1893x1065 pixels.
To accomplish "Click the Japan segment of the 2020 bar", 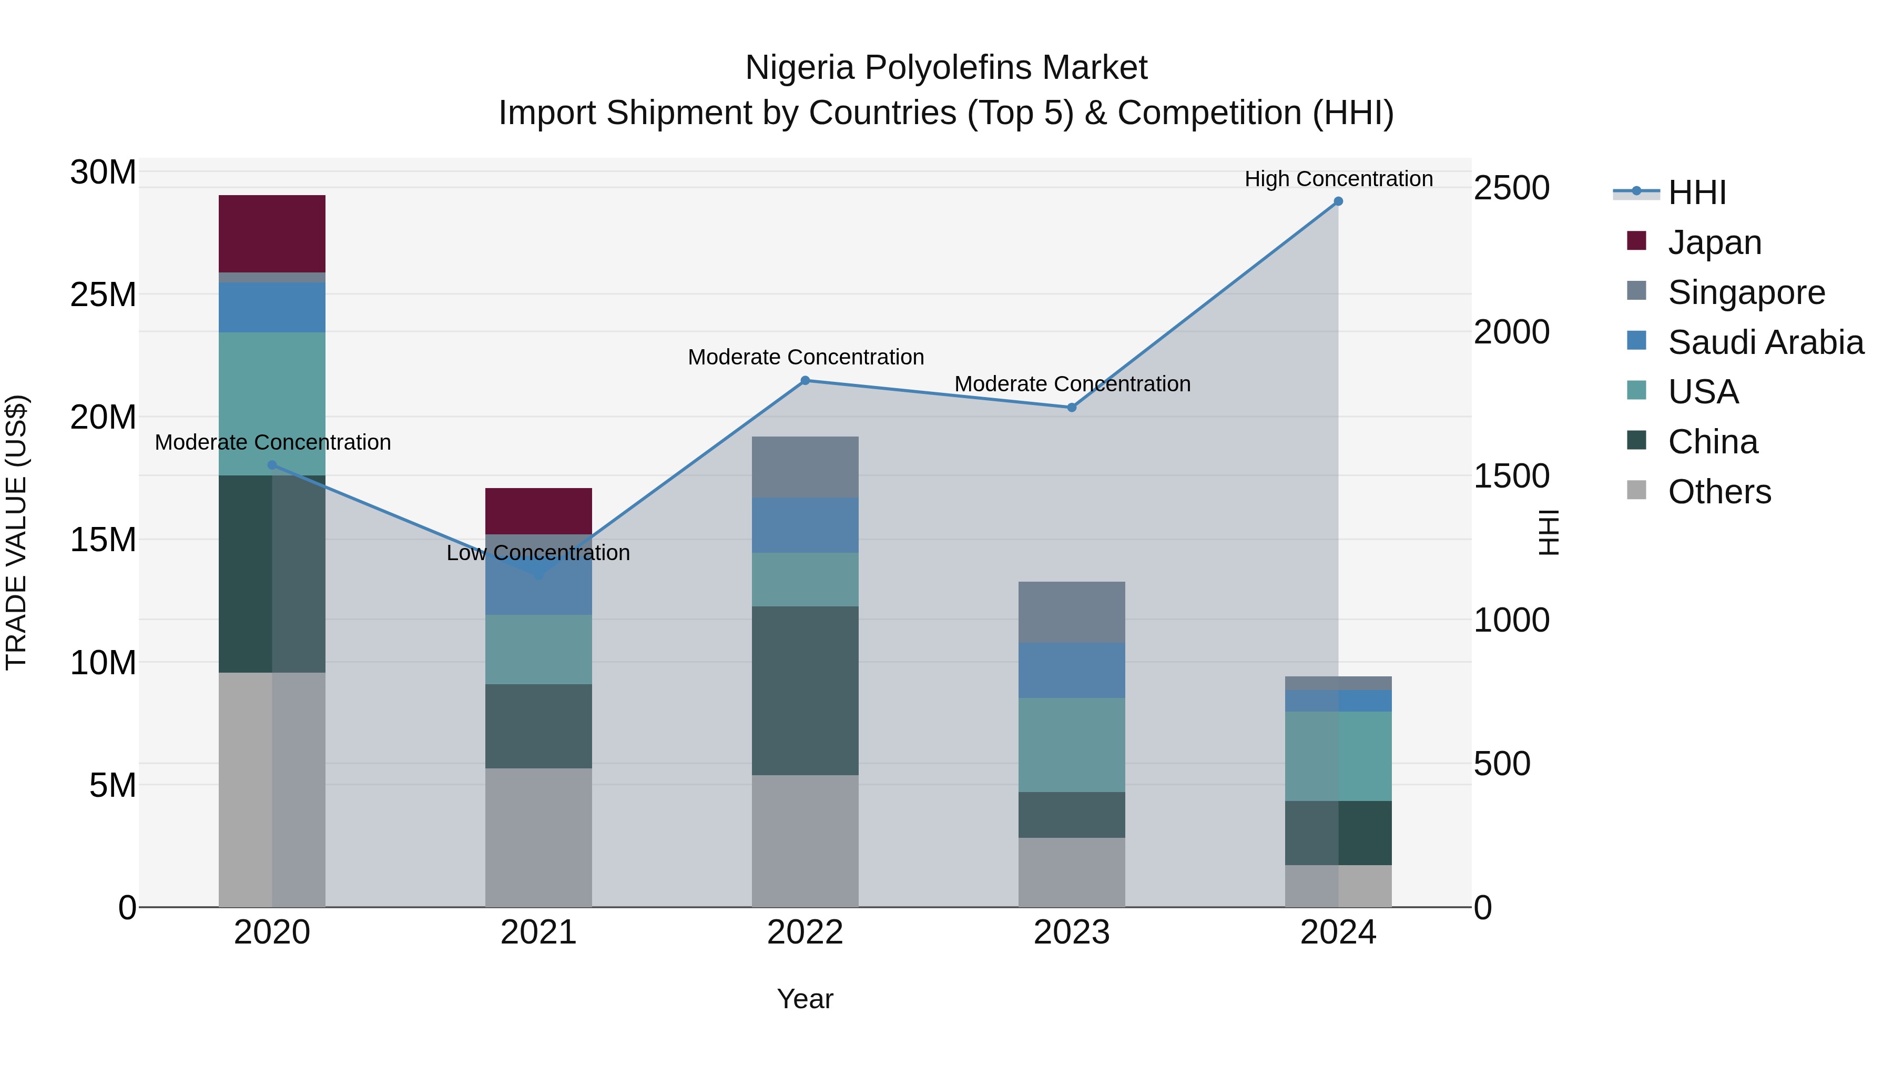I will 272,234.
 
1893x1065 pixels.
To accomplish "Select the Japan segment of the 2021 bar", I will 538,511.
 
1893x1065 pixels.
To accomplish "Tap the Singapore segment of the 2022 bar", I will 805,466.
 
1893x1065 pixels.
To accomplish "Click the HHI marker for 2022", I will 805,381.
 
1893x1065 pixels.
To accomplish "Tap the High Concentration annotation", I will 1338,179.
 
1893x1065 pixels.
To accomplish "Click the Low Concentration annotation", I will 538,553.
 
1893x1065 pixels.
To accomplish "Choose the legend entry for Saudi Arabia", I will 1765,342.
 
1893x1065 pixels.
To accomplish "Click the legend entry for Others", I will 1719,492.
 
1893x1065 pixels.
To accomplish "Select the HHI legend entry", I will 1696,192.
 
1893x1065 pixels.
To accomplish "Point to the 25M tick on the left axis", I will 103,295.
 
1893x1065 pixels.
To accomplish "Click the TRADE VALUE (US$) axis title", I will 16,532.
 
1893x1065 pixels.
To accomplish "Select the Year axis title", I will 805,999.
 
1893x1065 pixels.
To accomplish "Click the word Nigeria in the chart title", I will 799,68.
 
